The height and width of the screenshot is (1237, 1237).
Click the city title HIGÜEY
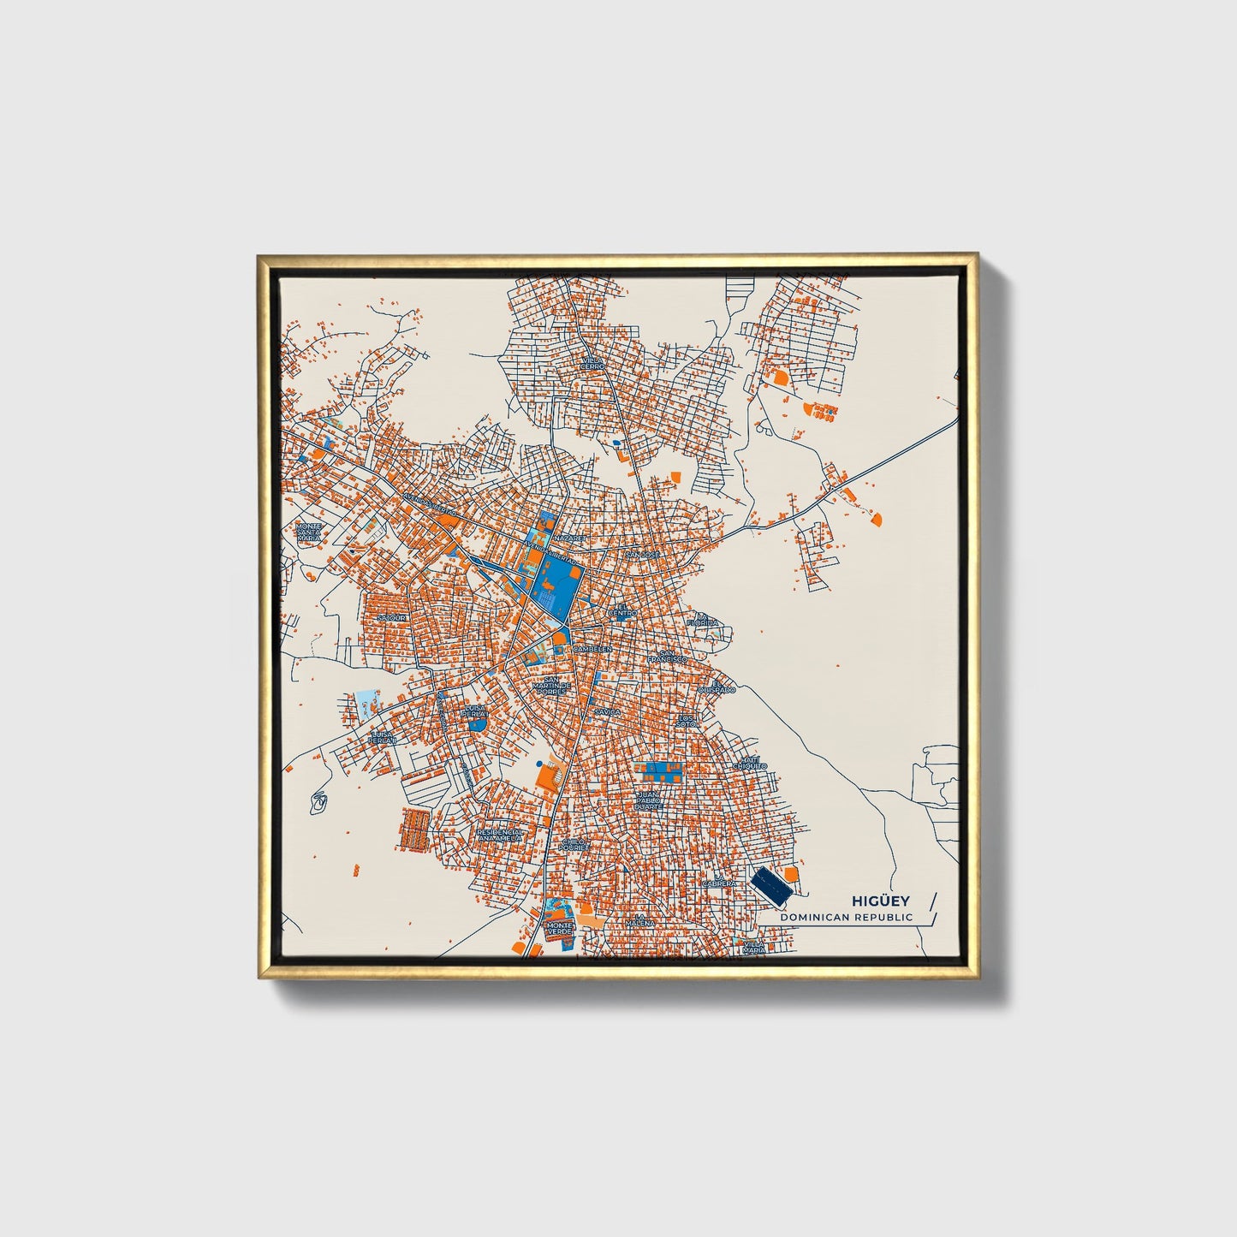880,901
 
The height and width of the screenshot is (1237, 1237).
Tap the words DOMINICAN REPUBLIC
846,917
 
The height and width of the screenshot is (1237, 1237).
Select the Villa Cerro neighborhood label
592,364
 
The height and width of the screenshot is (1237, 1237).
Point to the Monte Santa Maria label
309,532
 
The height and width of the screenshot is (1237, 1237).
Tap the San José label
643,555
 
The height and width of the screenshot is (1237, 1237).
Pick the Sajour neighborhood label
393,617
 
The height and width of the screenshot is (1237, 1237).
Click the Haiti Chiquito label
750,763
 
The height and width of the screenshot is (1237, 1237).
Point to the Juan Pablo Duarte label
649,800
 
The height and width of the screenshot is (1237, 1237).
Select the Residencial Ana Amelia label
499,835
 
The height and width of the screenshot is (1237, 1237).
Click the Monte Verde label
559,929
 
